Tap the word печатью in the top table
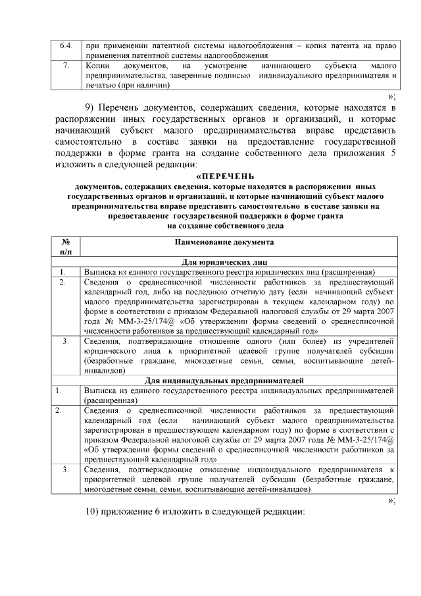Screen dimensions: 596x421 click(99, 86)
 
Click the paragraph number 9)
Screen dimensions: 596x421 click(94, 107)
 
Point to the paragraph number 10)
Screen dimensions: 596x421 click(97, 513)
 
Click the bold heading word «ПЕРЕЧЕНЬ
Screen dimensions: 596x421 click(226, 176)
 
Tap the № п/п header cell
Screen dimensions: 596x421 click(66, 247)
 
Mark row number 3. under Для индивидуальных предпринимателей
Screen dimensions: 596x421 click(66, 469)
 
